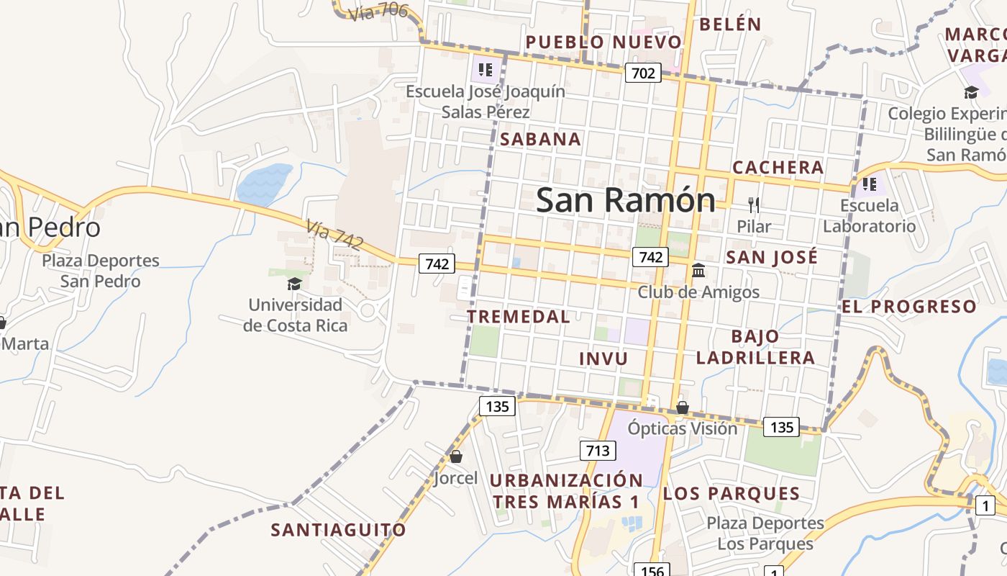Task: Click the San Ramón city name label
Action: pyautogui.click(x=625, y=200)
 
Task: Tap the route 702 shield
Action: pyautogui.click(x=642, y=73)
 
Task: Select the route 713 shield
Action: pyautogui.click(x=597, y=451)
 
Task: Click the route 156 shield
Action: pyautogui.click(x=652, y=571)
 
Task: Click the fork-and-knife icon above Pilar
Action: pyautogui.click(x=754, y=205)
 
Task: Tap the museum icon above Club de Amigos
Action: pyautogui.click(x=698, y=271)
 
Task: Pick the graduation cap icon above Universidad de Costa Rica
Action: pyautogui.click(x=294, y=284)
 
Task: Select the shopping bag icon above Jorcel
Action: pyautogui.click(x=455, y=456)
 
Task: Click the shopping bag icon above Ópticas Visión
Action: pyautogui.click(x=682, y=408)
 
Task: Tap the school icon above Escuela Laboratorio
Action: pyautogui.click(x=869, y=184)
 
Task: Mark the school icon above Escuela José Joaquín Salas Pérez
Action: pyautogui.click(x=486, y=70)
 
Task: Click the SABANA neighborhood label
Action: pyautogui.click(x=540, y=140)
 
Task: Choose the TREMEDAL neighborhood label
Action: pyautogui.click(x=518, y=317)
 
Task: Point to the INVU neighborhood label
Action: pyautogui.click(x=603, y=359)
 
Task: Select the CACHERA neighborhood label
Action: pyautogui.click(x=778, y=168)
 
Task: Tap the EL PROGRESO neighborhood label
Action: pyautogui.click(x=909, y=307)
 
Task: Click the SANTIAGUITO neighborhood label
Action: pyautogui.click(x=338, y=531)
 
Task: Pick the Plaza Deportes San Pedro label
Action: pyautogui.click(x=100, y=271)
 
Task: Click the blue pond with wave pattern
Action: pyautogui.click(x=264, y=184)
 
